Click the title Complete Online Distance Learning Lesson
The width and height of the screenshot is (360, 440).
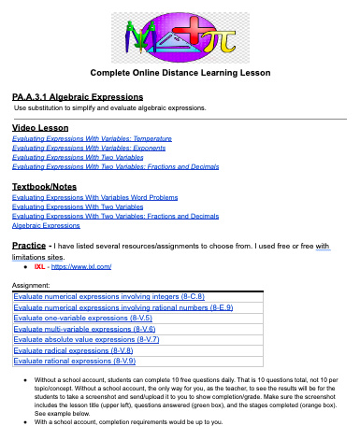(180, 73)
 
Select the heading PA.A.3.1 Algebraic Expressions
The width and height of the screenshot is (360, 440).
(78, 97)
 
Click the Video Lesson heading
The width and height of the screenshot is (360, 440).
(42, 127)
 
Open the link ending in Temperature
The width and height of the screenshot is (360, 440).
(92, 138)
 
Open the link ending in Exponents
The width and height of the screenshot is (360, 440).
(90, 149)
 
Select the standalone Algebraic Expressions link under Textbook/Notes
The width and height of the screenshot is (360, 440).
(46, 225)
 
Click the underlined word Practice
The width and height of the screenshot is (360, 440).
(32, 244)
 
